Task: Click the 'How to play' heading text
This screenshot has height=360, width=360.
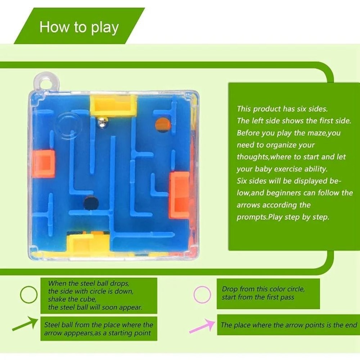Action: click(79, 27)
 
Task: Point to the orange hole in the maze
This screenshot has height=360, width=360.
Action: click(162, 125)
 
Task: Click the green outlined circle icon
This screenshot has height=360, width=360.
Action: click(28, 295)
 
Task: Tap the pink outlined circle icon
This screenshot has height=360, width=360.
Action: click(202, 294)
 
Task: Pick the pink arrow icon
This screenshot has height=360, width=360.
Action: click(202, 325)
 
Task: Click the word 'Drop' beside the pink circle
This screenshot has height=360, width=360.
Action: click(230, 289)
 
